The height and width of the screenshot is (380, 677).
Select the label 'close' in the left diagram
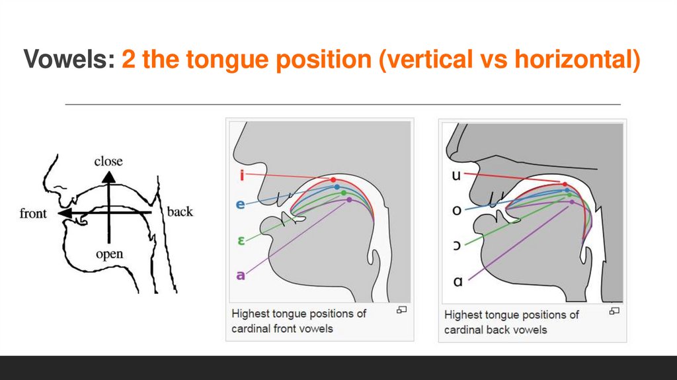click(x=108, y=162)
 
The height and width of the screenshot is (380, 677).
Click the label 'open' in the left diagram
click(x=109, y=254)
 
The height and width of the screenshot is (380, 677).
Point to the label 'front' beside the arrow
click(x=33, y=213)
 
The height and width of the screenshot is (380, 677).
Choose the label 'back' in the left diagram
click(x=180, y=212)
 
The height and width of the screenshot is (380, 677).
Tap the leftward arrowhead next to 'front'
click(x=63, y=214)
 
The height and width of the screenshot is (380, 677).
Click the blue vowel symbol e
click(x=241, y=205)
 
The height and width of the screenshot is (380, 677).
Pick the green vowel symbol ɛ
click(x=241, y=241)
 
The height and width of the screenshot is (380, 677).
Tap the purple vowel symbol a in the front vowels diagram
click(x=241, y=274)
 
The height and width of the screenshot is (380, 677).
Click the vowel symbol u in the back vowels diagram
click(x=457, y=175)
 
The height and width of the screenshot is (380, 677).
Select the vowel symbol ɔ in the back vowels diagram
click(x=457, y=246)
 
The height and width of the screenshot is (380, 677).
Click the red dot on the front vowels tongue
click(x=333, y=179)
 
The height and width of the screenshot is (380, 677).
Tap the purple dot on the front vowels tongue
click(x=349, y=199)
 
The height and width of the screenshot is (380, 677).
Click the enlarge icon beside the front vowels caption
click(x=401, y=310)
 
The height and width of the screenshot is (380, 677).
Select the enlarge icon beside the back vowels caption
click(x=614, y=310)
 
